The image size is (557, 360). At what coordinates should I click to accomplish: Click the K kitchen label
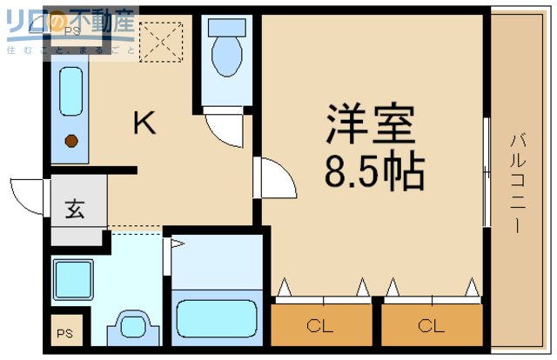tap(144, 124)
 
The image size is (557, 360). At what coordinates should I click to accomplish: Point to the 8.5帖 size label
tap(374, 171)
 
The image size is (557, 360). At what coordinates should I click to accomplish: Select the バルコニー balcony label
tap(517, 180)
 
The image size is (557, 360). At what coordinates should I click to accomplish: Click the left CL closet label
tap(319, 327)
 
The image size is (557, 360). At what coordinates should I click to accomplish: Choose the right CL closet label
tap(431, 327)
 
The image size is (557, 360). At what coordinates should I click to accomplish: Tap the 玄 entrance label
tap(76, 210)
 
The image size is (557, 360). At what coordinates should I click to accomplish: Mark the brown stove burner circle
tap(71, 140)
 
